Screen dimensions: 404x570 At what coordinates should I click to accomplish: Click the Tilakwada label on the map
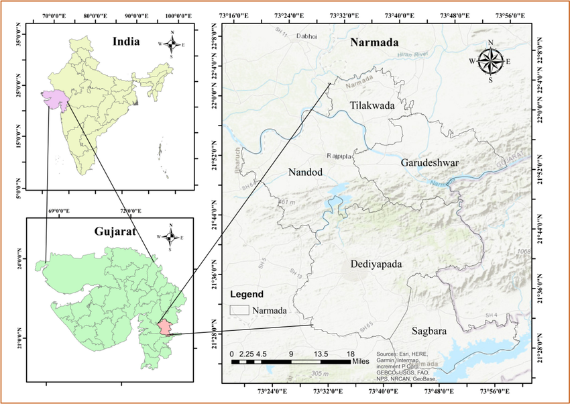click(372, 105)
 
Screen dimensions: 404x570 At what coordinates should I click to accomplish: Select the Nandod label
click(305, 172)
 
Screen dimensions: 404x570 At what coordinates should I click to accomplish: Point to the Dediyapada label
click(376, 264)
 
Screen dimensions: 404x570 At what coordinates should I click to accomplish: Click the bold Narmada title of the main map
click(377, 44)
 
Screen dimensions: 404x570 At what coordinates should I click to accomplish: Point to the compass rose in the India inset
click(172, 44)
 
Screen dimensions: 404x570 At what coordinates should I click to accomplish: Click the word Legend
click(247, 294)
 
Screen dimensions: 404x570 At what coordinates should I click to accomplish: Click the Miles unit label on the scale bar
click(360, 361)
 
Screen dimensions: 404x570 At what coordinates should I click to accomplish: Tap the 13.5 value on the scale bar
click(319, 353)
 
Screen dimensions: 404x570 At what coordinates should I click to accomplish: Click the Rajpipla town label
click(339, 156)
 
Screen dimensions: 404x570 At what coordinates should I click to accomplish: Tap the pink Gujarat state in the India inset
click(56, 99)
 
